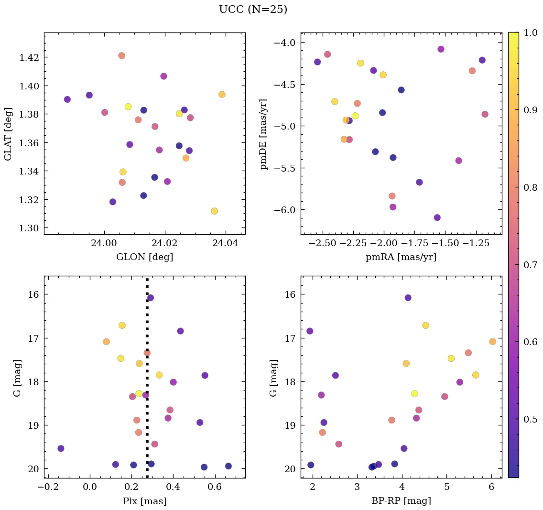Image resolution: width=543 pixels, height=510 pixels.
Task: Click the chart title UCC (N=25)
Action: [253, 10]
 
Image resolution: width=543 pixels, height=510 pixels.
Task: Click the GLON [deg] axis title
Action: [144, 257]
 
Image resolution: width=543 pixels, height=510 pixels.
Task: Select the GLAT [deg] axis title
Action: [8, 134]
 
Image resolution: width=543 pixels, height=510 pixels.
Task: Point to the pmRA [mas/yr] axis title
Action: [401, 257]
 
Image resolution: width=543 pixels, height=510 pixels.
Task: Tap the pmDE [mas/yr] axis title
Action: [264, 134]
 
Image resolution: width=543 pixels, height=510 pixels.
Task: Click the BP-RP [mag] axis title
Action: [401, 501]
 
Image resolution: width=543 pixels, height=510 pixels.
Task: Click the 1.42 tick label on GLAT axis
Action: [30, 57]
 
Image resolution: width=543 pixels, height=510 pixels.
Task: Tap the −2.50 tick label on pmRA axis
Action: [324, 242]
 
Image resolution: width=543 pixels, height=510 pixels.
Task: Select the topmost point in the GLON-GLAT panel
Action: [121, 55]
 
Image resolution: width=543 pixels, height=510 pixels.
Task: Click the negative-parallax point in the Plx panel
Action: [61, 448]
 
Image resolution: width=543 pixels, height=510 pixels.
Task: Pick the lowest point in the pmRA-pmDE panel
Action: [437, 217]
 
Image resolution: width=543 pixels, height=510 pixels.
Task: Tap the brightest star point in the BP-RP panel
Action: [408, 298]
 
